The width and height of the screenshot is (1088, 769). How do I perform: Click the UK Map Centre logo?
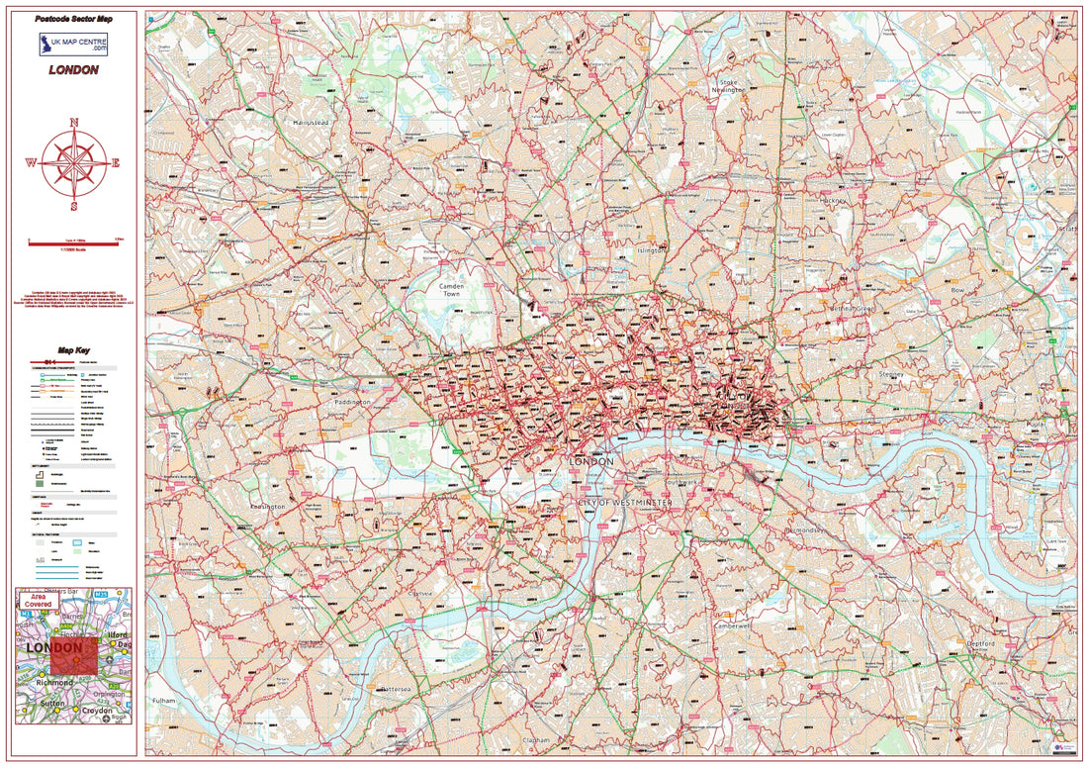73,45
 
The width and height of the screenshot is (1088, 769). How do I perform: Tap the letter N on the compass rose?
74,123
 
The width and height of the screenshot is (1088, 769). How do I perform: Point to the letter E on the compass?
116,163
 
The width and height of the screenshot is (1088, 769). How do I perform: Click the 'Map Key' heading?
74,350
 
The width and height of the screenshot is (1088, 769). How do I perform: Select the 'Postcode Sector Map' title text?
74,19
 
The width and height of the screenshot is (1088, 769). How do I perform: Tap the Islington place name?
651,250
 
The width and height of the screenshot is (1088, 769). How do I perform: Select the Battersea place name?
394,688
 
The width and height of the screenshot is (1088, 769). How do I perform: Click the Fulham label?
164,701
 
